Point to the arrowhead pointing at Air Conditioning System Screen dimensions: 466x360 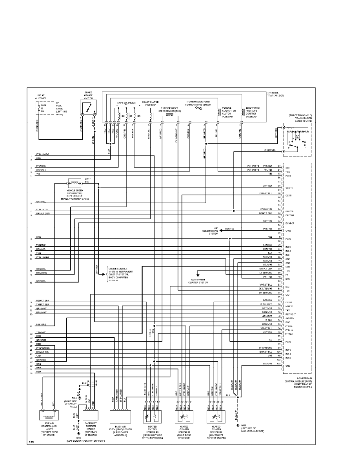point(221,231)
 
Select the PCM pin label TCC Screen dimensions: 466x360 point(288,172)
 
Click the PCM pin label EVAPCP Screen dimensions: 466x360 point(290,223)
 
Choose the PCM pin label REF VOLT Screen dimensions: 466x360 point(291,314)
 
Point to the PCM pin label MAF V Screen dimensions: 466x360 point(289,306)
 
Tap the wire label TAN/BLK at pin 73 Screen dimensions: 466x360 point(267,245)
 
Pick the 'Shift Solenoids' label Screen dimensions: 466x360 point(126,103)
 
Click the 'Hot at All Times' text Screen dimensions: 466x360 point(41,97)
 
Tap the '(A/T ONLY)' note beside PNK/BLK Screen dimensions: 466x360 point(253,166)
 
